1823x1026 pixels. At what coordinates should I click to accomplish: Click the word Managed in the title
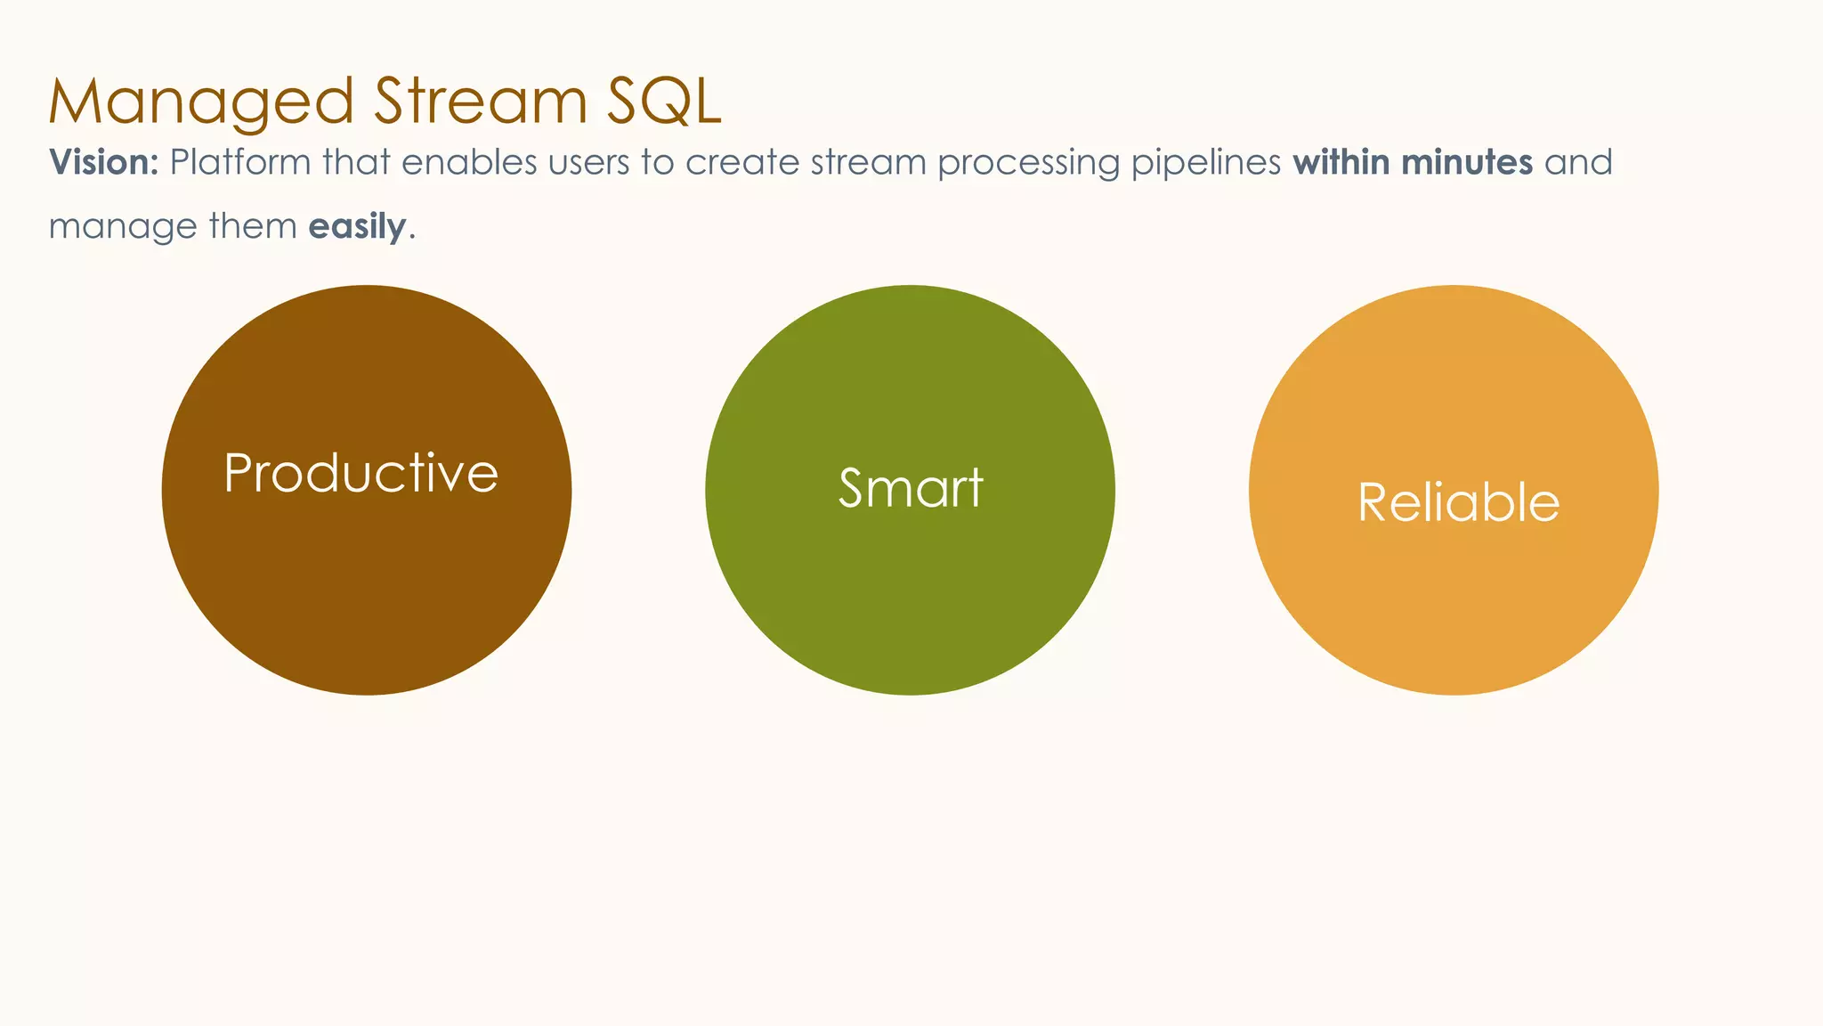[x=201, y=102]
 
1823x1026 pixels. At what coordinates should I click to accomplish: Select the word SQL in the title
[x=663, y=102]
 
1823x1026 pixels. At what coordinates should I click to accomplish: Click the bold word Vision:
[x=103, y=162]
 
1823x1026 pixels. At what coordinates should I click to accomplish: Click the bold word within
[x=1342, y=162]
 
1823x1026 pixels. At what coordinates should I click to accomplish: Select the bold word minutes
[x=1467, y=162]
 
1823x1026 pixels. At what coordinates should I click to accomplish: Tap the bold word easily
[x=357, y=227]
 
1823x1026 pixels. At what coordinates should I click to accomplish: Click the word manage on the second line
[x=123, y=228]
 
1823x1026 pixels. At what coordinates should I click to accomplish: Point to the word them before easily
[x=253, y=226]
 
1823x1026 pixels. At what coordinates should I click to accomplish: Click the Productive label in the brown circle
[x=361, y=473]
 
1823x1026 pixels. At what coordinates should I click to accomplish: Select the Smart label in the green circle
[x=911, y=488]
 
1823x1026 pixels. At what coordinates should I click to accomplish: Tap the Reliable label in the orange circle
[x=1458, y=502]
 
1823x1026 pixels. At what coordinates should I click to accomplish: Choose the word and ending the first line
[x=1578, y=162]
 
